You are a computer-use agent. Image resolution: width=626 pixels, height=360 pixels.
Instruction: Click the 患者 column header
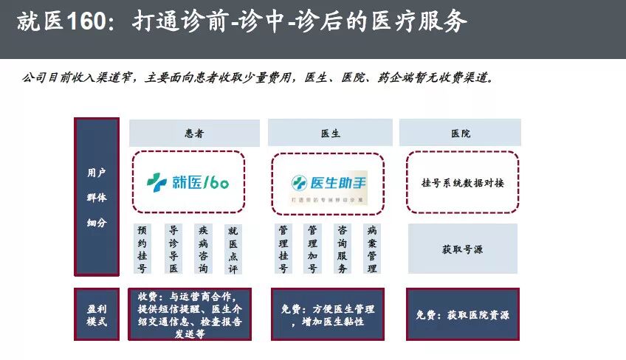(x=194, y=134)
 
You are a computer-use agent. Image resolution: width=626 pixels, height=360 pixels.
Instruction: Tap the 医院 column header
(x=460, y=134)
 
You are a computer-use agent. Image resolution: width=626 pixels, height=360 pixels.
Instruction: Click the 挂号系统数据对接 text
(x=462, y=182)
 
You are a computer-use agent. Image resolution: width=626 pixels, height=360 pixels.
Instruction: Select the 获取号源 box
(x=462, y=249)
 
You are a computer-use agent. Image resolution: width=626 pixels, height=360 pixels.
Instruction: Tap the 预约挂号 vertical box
(x=142, y=249)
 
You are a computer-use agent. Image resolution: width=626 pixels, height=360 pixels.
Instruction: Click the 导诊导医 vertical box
(x=173, y=249)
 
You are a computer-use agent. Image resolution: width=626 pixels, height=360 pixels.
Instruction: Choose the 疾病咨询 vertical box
(x=203, y=249)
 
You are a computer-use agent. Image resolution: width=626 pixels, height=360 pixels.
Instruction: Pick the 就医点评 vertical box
(x=233, y=249)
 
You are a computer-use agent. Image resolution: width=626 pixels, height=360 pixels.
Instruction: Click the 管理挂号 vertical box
(x=283, y=249)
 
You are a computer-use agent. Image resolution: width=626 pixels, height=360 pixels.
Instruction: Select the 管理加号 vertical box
(x=312, y=249)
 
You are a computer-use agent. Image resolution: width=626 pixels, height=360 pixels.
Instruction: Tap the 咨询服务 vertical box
(x=342, y=249)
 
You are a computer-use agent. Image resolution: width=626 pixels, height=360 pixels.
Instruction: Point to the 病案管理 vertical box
(x=372, y=249)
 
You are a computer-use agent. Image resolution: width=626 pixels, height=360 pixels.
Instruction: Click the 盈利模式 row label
(x=97, y=314)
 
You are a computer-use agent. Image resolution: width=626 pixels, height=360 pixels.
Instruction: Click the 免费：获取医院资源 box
(x=462, y=314)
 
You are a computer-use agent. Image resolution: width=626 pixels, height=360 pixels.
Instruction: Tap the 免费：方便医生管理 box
(x=328, y=315)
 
